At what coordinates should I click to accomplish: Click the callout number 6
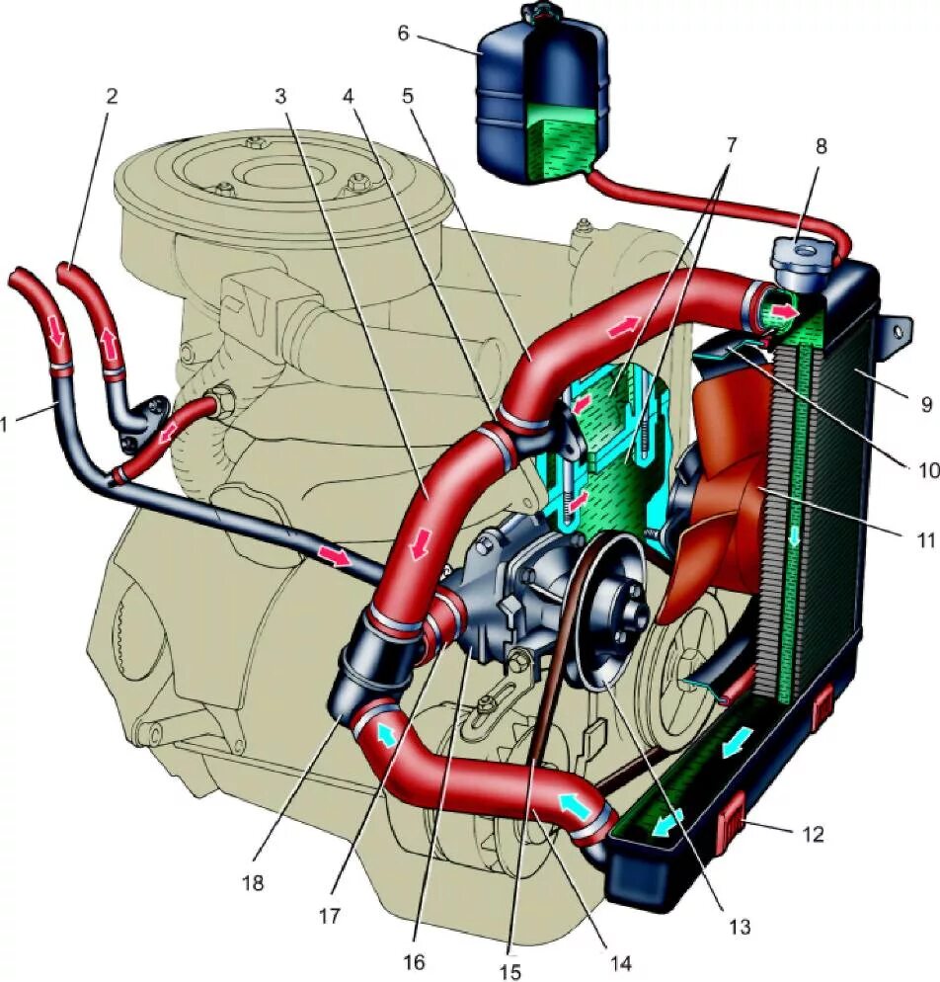(403, 34)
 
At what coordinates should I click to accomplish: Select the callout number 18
(254, 882)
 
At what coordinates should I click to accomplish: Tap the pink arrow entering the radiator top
(783, 312)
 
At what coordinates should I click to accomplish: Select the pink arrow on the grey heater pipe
(335, 557)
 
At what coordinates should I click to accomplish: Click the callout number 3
(280, 96)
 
